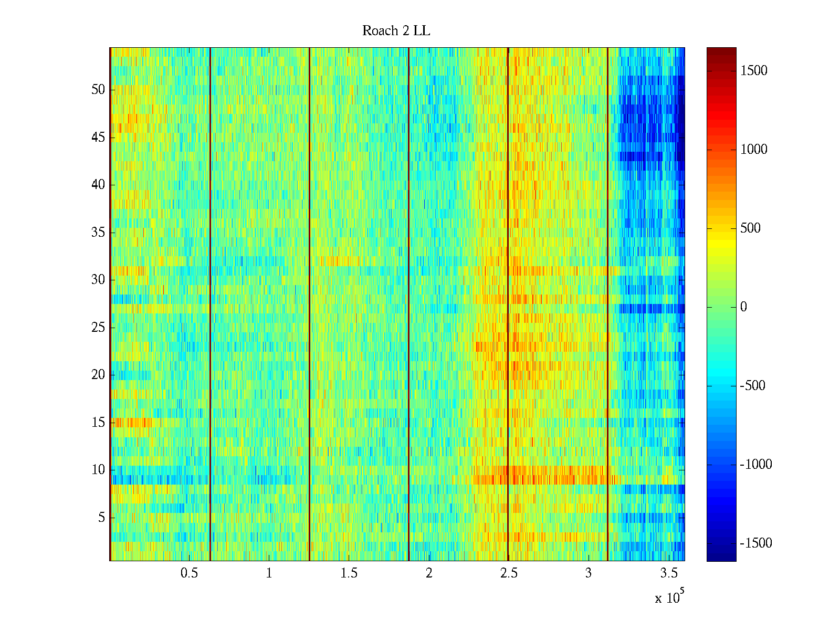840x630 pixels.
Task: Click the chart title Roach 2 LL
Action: pyautogui.click(x=396, y=31)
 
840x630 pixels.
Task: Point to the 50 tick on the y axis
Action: pyautogui.click(x=98, y=90)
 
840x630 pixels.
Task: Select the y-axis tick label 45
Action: pyautogui.click(x=98, y=138)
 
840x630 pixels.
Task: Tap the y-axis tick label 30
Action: pyautogui.click(x=98, y=280)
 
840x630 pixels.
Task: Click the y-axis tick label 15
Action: pyautogui.click(x=98, y=423)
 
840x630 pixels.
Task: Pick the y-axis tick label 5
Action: pyautogui.click(x=101, y=518)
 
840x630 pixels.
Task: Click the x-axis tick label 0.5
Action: pyautogui.click(x=189, y=573)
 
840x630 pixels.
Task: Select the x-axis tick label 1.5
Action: pyautogui.click(x=349, y=573)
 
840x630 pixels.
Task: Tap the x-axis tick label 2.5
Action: pyautogui.click(x=509, y=573)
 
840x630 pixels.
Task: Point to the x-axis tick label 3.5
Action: pyautogui.click(x=668, y=573)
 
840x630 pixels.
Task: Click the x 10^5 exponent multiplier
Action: pyautogui.click(x=669, y=597)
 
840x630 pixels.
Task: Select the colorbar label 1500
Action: pyautogui.click(x=754, y=71)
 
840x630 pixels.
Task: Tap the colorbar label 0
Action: pyautogui.click(x=743, y=307)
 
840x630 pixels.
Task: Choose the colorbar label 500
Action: pyautogui.click(x=750, y=228)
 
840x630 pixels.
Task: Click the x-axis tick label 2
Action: pyautogui.click(x=429, y=573)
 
